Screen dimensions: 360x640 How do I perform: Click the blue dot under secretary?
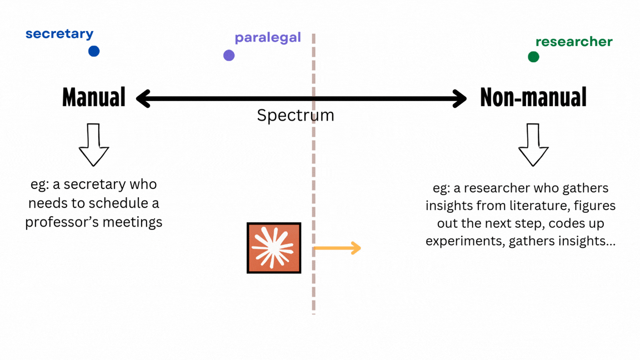[x=94, y=51]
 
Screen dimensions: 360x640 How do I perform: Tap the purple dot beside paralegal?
[x=229, y=55]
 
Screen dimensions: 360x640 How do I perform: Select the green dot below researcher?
[x=533, y=57]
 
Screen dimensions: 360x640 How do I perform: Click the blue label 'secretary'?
[x=59, y=34]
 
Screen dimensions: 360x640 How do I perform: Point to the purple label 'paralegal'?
[x=267, y=38]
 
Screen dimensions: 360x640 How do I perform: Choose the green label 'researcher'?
[x=574, y=42]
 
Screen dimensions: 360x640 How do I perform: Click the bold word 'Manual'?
[x=94, y=98]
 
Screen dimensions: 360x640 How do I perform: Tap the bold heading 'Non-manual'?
[x=533, y=98]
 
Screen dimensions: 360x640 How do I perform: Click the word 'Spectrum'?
[x=295, y=116]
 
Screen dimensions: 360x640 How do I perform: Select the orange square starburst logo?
[x=274, y=248]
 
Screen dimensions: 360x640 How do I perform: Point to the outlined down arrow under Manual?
[x=94, y=145]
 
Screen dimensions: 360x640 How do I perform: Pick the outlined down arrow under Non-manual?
[x=533, y=145]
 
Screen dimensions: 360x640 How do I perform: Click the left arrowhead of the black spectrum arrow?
[x=143, y=99]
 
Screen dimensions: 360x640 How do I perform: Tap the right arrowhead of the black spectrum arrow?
[x=460, y=99]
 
